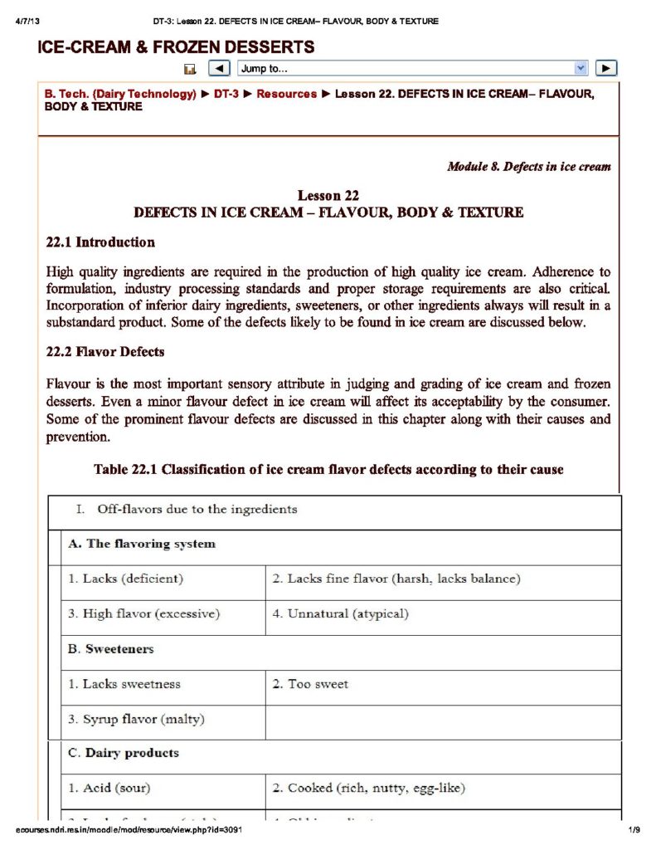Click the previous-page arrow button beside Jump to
coord(218,69)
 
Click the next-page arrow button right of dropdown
coord(607,69)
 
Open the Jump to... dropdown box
coord(413,69)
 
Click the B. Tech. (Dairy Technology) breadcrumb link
coord(120,94)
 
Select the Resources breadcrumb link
coord(286,94)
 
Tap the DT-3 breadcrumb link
coord(226,94)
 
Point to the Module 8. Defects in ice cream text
coord(528,167)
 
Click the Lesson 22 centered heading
coord(328,196)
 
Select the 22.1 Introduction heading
coord(100,242)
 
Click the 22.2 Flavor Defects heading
coord(105,352)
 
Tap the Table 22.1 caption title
coord(328,470)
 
